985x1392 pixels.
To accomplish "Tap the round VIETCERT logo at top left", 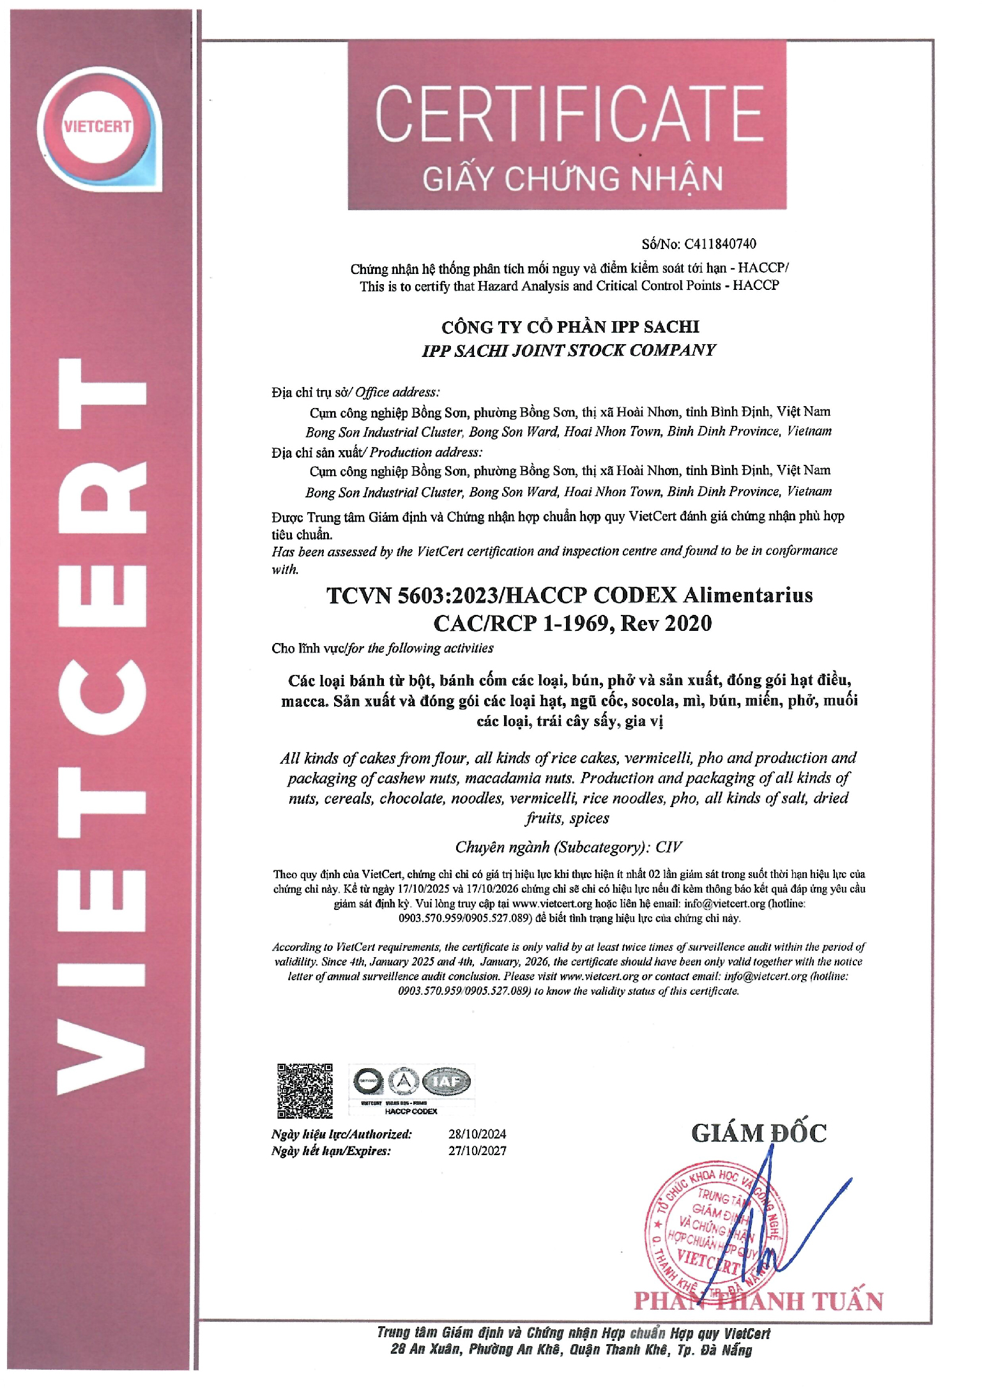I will coord(97,126).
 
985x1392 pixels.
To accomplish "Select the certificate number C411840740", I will coord(720,244).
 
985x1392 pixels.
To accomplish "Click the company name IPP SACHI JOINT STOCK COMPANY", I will coord(569,351).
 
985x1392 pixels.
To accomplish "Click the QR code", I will coord(305,1091).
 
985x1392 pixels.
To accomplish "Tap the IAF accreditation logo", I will coord(447,1082).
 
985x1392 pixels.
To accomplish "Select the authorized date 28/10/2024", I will coord(477,1134).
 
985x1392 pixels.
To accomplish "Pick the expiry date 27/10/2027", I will coord(477,1151).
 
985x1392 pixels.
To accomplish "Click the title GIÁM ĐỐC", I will coord(758,1133).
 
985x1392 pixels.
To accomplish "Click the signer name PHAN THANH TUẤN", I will coord(758,1301).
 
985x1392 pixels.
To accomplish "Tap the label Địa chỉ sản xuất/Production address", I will coord(376,452).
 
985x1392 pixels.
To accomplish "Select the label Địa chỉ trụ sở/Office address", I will coord(355,392).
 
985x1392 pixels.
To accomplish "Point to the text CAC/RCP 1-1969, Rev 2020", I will coord(572,623).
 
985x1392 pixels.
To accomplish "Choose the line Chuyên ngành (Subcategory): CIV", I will coord(569,847).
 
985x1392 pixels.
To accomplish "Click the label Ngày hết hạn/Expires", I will coord(330,1151).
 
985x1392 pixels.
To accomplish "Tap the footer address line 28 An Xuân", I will coord(571,1349).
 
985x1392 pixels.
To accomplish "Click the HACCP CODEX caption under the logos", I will coord(411,1112).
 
